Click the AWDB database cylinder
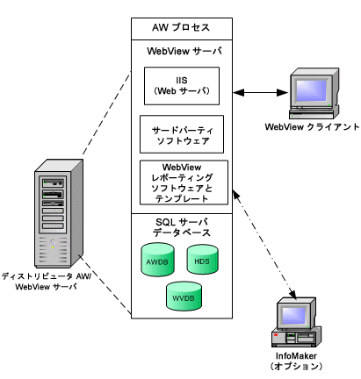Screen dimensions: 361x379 pyautogui.click(x=157, y=260)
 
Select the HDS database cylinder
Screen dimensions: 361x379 pyautogui.click(x=202, y=260)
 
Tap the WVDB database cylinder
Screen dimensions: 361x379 pyautogui.click(x=184, y=297)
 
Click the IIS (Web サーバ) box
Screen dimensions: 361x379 pyautogui.click(x=182, y=86)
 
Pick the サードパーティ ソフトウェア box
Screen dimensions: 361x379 pyautogui.click(x=182, y=134)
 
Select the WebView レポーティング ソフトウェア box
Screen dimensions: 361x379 pyautogui.click(x=184, y=182)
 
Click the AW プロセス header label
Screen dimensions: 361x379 pyautogui.click(x=181, y=28)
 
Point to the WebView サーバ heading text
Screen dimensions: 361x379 pyautogui.click(x=184, y=51)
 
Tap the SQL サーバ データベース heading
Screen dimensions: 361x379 pyautogui.click(x=182, y=227)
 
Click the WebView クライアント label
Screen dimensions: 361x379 pyautogui.click(x=312, y=127)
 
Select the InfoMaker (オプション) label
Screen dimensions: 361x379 pyautogui.click(x=296, y=361)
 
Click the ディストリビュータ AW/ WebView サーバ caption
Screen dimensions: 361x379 pyautogui.click(x=47, y=282)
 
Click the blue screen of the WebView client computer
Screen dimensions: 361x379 pyautogui.click(x=311, y=90)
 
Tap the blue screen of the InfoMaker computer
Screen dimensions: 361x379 pyautogui.click(x=293, y=316)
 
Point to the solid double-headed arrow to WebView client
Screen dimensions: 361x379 pyautogui.click(x=260, y=93)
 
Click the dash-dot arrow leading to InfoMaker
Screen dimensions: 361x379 pyautogui.click(x=264, y=245)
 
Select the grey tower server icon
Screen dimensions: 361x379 pyautogui.click(x=59, y=213)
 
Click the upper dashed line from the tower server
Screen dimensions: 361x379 pyautogui.click(x=106, y=113)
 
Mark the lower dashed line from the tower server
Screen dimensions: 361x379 pyautogui.click(x=105, y=284)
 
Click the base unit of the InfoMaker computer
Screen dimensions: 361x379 pyautogui.click(x=296, y=337)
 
